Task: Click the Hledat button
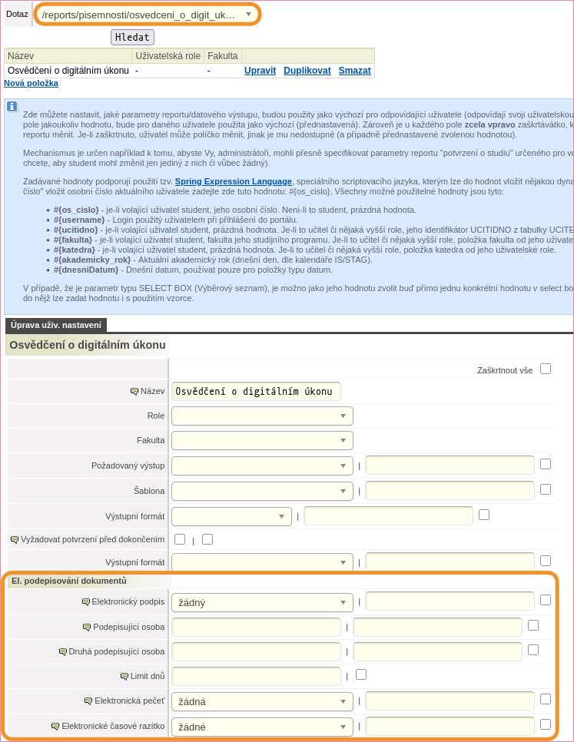coord(133,37)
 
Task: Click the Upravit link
coord(260,71)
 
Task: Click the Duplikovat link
coord(307,71)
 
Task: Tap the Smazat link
coord(354,71)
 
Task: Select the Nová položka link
coord(31,83)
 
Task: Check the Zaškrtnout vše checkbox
coord(546,369)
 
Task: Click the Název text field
coord(256,391)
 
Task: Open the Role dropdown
coord(262,416)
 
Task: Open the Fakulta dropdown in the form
coord(262,441)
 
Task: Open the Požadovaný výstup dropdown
coord(262,465)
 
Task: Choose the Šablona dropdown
coord(262,490)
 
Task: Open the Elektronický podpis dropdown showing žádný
coord(262,602)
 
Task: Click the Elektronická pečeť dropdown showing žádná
coord(262,701)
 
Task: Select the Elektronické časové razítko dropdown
coord(262,727)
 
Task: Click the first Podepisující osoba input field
coord(256,628)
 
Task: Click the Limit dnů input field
coord(256,677)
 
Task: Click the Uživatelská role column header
coord(168,56)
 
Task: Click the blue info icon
coord(12,107)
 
